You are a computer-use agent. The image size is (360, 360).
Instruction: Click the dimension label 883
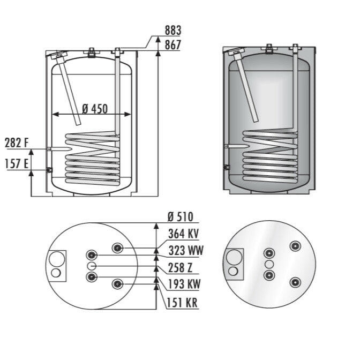173,31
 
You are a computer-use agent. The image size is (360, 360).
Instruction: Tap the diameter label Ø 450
95,109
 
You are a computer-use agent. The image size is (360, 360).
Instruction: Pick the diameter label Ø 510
180,217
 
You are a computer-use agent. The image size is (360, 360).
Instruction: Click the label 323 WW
185,250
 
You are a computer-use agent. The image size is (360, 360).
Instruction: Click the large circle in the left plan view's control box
56,259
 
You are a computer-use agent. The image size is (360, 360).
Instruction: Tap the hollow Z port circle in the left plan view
92,266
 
